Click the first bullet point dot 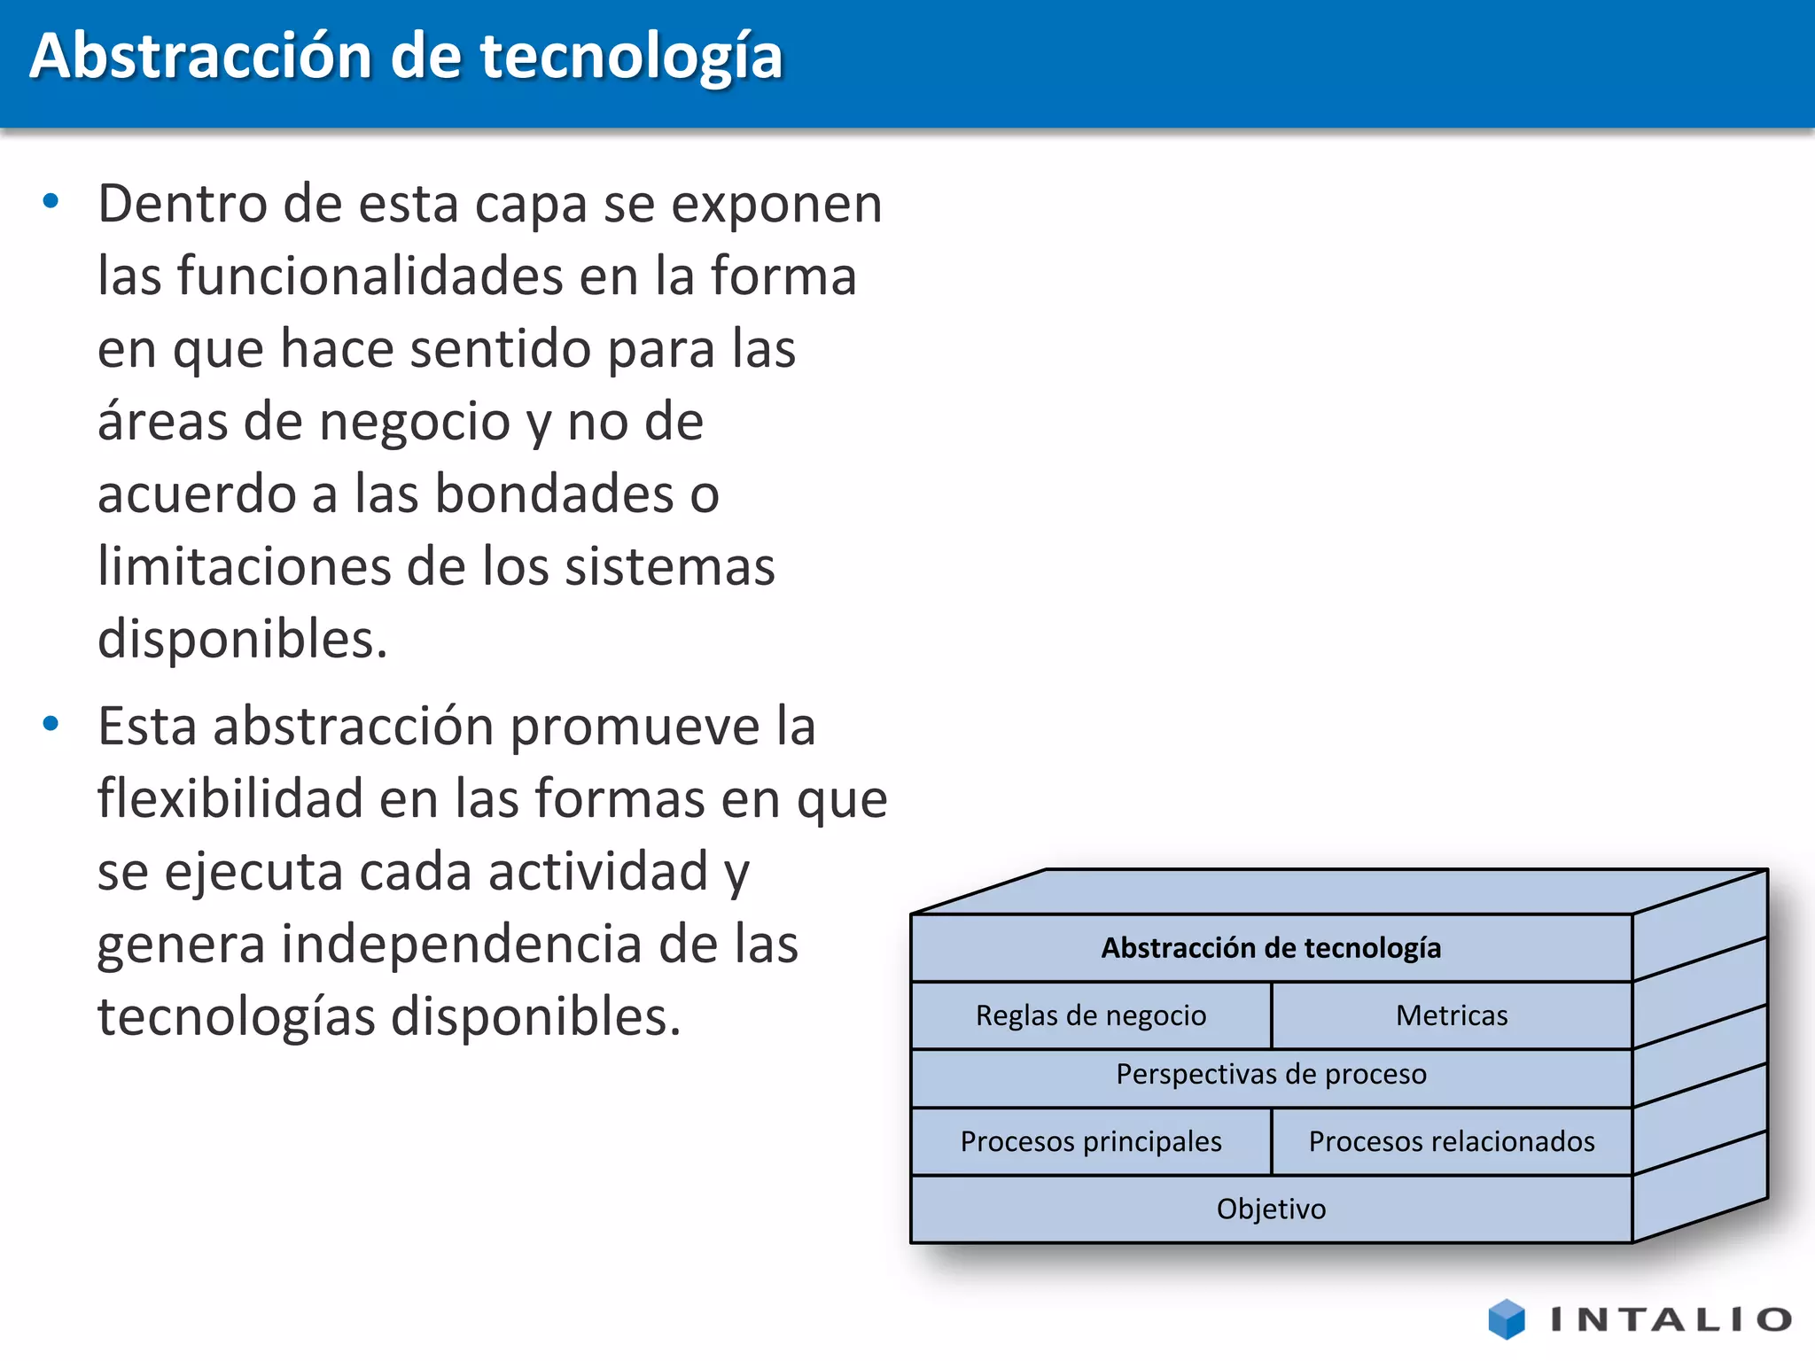(x=51, y=202)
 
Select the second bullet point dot (x=51, y=724)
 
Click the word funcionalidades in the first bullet (x=369, y=276)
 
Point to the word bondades (x=554, y=494)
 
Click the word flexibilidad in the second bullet (x=230, y=798)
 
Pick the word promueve (x=635, y=727)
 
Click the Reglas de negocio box (x=1091, y=1015)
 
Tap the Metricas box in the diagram (x=1452, y=1015)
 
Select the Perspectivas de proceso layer (x=1271, y=1075)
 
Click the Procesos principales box (x=1091, y=1141)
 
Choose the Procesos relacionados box (x=1452, y=1141)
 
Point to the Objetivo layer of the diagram (x=1271, y=1209)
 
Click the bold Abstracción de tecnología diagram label (x=1271, y=948)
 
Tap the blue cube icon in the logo (x=1507, y=1319)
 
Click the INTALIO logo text (x=1671, y=1320)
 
